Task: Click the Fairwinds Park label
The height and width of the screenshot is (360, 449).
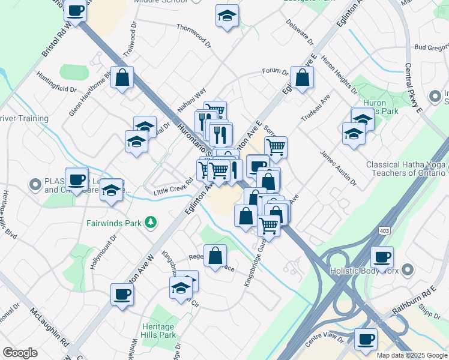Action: coord(117,223)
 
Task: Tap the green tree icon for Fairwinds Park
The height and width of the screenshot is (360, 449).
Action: coord(151,223)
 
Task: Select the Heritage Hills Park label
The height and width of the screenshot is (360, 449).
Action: coord(158,331)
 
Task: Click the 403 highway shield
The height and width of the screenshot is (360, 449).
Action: coord(384,230)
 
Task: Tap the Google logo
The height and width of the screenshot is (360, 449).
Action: coord(20,353)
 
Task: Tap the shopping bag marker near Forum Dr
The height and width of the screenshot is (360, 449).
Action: coord(302,77)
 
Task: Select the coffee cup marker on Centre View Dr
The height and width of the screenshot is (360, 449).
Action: coord(365,339)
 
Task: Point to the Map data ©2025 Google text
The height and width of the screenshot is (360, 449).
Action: coord(411,355)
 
